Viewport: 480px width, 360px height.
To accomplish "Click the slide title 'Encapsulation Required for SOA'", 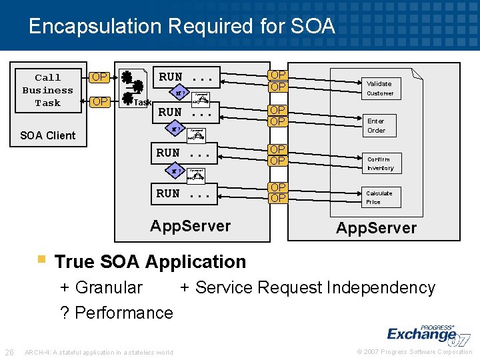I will pos(181,27).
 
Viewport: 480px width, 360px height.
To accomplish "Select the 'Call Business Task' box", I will pos(48,91).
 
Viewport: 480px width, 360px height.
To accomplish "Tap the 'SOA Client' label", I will pos(48,135).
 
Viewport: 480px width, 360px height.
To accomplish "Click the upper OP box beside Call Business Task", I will pos(100,77).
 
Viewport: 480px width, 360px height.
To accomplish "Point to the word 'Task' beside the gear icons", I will pos(143,102).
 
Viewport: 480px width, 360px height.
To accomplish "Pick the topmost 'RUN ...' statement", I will pos(189,77).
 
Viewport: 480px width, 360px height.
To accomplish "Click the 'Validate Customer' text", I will pos(379,88).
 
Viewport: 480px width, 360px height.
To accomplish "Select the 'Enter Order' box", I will pos(376,125).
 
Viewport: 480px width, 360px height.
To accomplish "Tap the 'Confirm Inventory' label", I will pos(380,163).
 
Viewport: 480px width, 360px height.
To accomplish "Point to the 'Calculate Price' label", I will pos(379,197).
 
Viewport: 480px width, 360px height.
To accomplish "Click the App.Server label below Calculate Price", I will pos(376,228).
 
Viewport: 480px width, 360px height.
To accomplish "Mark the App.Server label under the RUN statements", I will pos(190,226).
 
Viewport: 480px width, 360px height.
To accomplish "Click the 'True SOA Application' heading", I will pos(150,261).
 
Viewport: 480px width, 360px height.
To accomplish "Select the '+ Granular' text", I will pos(101,287).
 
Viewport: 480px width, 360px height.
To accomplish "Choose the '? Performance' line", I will pos(117,313).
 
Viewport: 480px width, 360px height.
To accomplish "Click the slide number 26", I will pos(9,352).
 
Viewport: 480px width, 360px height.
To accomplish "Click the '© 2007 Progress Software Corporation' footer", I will pos(414,352).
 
